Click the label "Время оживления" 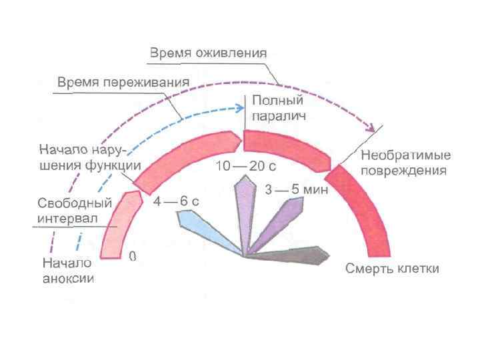click(207, 53)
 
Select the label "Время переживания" click(123, 83)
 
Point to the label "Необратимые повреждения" click(405, 163)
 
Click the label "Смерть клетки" click(392, 269)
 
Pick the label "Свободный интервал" click(69, 211)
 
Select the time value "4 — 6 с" click(176, 201)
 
